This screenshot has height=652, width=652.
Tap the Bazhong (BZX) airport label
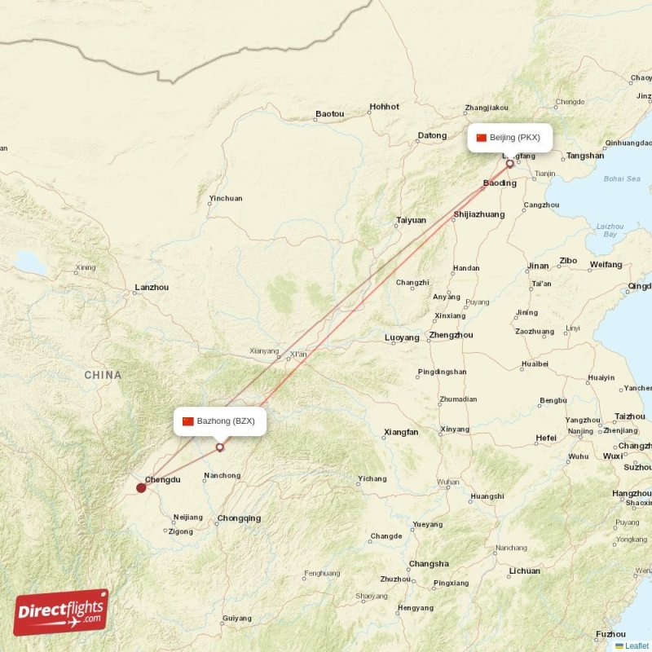(x=219, y=421)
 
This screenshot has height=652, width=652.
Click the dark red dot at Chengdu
(x=141, y=488)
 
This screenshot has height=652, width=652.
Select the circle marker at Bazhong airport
(x=219, y=447)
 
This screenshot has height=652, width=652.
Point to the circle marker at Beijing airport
(x=510, y=164)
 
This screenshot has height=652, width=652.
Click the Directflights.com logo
(x=61, y=612)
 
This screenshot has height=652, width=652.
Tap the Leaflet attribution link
(x=637, y=645)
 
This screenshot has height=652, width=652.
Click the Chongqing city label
(x=239, y=518)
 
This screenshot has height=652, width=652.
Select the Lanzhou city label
(x=152, y=288)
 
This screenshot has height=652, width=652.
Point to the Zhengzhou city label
(x=451, y=335)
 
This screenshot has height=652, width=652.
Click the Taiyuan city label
(x=411, y=220)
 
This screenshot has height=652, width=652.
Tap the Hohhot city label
(x=384, y=107)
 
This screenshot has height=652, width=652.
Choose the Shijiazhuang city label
(x=478, y=215)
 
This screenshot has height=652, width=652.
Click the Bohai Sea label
(x=622, y=178)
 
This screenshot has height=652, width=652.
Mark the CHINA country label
(x=103, y=376)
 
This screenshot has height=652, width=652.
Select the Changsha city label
(x=429, y=564)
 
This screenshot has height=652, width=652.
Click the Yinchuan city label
(x=226, y=198)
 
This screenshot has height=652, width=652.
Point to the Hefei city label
(x=546, y=438)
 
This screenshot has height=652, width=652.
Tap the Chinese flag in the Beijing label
(x=481, y=138)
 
